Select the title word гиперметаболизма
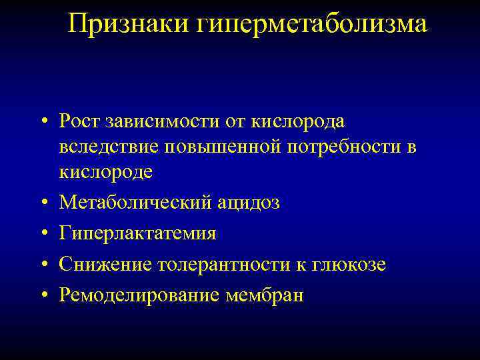coord(313,25)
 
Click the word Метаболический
coord(135,203)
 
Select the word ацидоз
coord(249,203)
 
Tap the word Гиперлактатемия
coord(137,233)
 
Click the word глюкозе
coord(350,264)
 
